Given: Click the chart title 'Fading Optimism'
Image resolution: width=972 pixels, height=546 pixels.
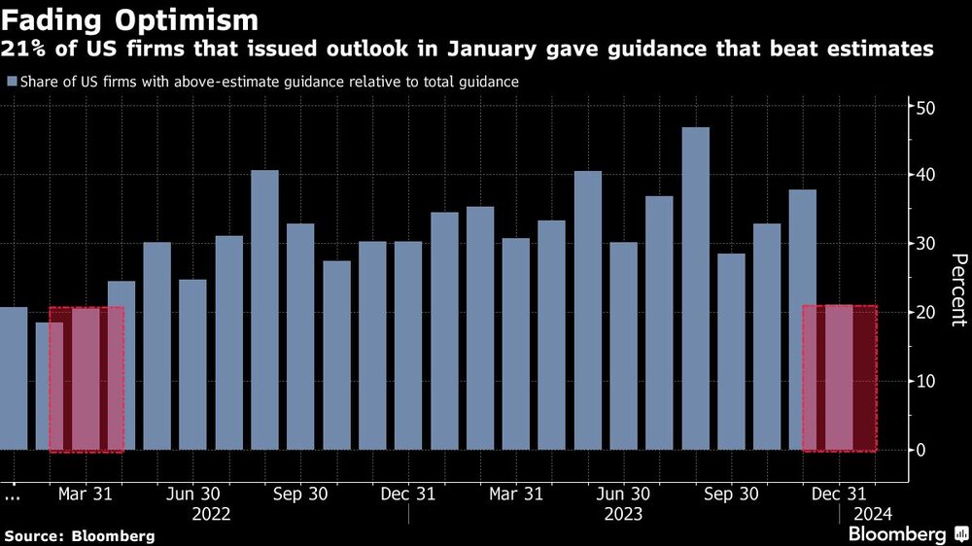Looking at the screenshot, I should (x=131, y=20).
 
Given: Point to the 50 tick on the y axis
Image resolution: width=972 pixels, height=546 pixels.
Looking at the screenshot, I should (x=926, y=107).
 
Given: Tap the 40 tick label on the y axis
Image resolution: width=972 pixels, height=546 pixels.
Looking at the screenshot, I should (x=926, y=175).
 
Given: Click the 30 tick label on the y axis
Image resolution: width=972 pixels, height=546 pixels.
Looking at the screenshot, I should (x=926, y=244).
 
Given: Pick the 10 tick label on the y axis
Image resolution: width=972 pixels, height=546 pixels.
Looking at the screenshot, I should (x=926, y=381).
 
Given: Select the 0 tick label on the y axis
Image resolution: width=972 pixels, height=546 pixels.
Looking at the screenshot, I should (x=922, y=450).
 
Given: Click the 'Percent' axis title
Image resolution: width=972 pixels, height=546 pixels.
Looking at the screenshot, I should (x=958, y=290).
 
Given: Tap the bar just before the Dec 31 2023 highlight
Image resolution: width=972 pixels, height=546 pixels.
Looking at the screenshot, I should (x=803, y=320).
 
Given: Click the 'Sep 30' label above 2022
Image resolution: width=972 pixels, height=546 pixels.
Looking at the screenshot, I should (x=299, y=494).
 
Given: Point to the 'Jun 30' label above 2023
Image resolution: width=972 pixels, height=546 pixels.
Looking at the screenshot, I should (x=623, y=494).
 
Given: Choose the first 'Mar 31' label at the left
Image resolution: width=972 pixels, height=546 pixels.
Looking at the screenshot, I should (x=85, y=494).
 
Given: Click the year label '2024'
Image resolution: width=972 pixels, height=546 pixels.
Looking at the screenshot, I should (x=871, y=514).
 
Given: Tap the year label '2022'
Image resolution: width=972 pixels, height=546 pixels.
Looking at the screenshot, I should (x=211, y=514).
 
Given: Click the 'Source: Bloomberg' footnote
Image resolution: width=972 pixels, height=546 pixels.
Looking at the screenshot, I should (x=79, y=535).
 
